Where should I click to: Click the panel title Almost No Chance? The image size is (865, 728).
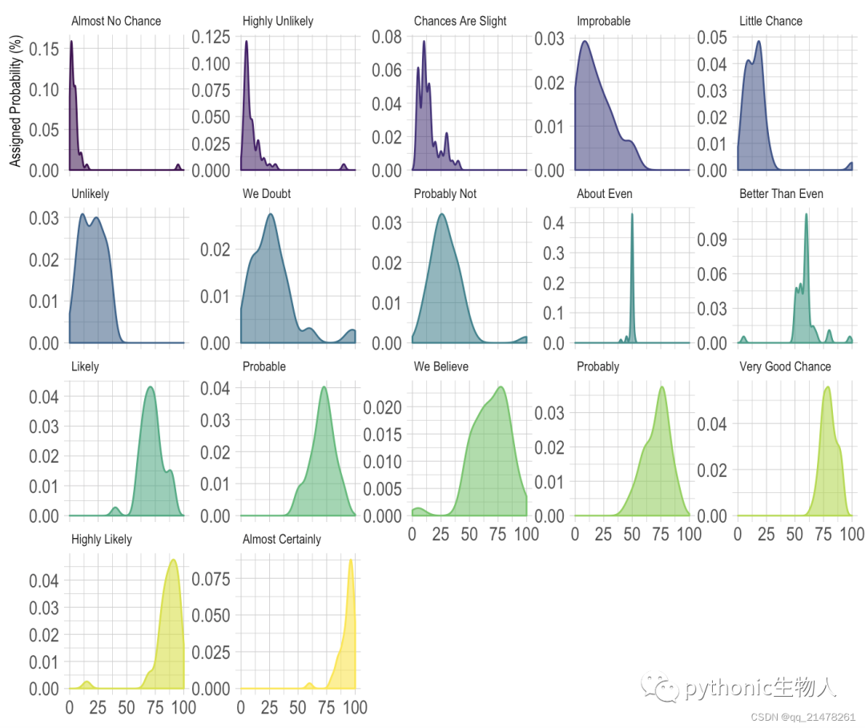116,21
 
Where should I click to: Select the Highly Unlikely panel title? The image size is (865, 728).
277,21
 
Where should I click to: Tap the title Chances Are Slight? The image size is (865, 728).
460,21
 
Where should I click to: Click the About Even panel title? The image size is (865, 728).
605,194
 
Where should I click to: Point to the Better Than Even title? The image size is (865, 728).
781,194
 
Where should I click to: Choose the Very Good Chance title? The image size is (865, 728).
785,366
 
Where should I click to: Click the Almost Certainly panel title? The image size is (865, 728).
281,539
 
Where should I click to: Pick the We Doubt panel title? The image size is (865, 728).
267,194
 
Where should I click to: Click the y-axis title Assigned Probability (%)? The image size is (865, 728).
15,100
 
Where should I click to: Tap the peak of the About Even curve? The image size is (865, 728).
632,214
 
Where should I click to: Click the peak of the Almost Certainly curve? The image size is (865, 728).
351,560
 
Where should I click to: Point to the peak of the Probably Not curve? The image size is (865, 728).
442,214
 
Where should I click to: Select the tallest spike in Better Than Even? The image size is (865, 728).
807,214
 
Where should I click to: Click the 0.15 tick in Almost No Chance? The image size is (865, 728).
43,49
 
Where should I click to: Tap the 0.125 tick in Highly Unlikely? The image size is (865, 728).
211,37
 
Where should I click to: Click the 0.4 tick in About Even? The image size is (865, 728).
553,223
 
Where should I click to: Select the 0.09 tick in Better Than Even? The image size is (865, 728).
712,240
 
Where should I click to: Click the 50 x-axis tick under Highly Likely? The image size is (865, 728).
127,708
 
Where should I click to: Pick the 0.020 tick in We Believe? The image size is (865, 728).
382,407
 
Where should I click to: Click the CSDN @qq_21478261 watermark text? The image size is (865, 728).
803,717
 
